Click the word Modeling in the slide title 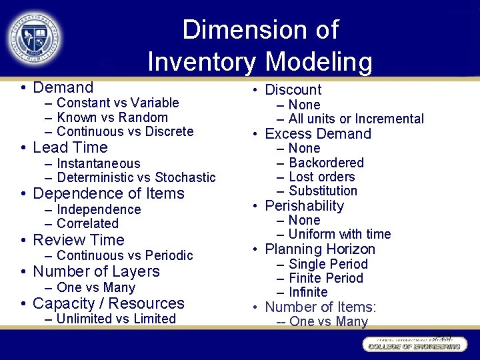[x=318, y=62]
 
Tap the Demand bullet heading [x=63, y=87]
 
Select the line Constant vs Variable [x=118, y=103]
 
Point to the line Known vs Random [x=112, y=117]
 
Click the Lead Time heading [x=70, y=147]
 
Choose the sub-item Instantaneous [x=99, y=163]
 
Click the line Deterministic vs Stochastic [x=136, y=177]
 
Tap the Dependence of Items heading [x=108, y=193]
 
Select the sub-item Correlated [x=87, y=224]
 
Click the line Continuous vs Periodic [x=125, y=255]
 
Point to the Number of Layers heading [x=96, y=271]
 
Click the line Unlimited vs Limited [x=116, y=319]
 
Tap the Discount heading [x=293, y=89]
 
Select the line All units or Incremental [x=356, y=119]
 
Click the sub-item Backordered [x=326, y=163]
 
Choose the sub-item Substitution [x=323, y=191]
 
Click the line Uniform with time [x=339, y=234]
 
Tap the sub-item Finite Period [x=326, y=278]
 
